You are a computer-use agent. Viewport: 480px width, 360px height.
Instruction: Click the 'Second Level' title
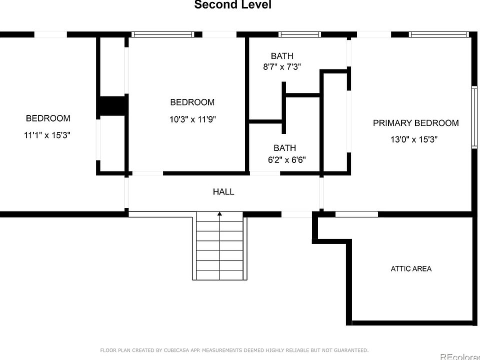pyautogui.click(x=232, y=4)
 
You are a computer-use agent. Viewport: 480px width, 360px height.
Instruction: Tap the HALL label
pyautogui.click(x=223, y=191)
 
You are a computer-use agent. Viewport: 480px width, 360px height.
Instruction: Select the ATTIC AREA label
pyautogui.click(x=411, y=269)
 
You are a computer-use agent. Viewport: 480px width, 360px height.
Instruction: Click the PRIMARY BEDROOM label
pyautogui.click(x=415, y=123)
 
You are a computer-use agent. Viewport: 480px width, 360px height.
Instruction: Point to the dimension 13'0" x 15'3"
pyautogui.click(x=414, y=139)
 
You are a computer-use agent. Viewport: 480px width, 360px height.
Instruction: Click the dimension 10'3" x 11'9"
pyautogui.click(x=192, y=119)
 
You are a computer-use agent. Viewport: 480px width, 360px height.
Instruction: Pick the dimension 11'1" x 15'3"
pyautogui.click(x=47, y=135)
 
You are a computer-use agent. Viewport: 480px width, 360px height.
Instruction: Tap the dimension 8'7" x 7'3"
pyautogui.click(x=282, y=66)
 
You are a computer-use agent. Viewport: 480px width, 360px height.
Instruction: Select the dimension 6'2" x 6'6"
pyautogui.click(x=287, y=160)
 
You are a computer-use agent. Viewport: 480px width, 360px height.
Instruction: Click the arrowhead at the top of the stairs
pyautogui.click(x=219, y=213)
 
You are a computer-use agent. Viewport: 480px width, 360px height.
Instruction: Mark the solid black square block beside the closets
pyautogui.click(x=111, y=106)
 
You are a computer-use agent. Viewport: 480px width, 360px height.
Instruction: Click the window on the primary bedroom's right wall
pyautogui.click(x=474, y=117)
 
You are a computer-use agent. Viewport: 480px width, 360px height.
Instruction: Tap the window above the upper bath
pyautogui.click(x=299, y=34)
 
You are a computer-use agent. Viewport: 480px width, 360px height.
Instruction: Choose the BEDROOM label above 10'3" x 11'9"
pyautogui.click(x=192, y=102)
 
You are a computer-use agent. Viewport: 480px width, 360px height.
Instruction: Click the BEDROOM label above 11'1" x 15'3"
pyautogui.click(x=48, y=118)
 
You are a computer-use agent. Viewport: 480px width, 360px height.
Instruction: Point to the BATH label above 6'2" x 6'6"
pyautogui.click(x=284, y=148)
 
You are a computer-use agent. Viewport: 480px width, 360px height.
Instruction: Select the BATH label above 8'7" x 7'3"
pyautogui.click(x=282, y=56)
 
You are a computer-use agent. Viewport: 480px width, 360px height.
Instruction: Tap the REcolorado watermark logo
pyautogui.click(x=460, y=356)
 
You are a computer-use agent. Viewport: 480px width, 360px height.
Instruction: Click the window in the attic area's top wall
pyautogui.click(x=356, y=214)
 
